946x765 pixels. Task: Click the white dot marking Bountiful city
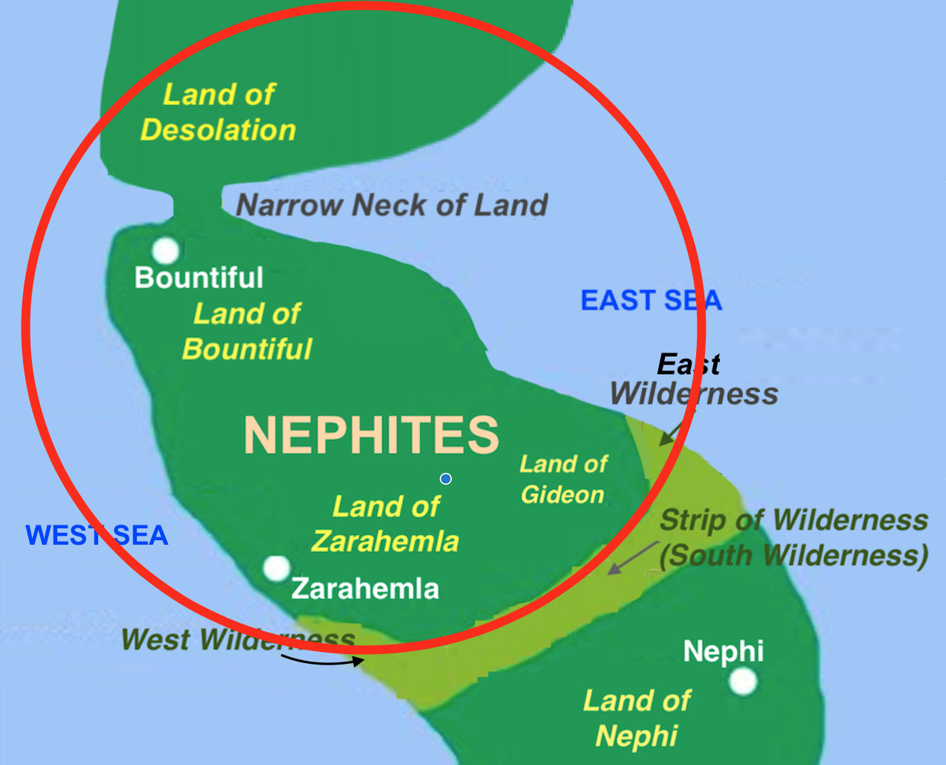tap(165, 251)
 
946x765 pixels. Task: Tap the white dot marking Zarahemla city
tap(277, 569)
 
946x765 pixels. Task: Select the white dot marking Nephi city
tap(742, 681)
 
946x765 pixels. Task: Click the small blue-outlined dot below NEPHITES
tap(445, 478)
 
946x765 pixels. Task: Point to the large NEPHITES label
tap(371, 435)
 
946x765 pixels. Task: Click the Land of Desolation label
tap(219, 112)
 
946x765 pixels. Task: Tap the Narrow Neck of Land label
tap(392, 205)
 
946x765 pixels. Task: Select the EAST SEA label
tap(651, 301)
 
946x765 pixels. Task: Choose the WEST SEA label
tap(97, 536)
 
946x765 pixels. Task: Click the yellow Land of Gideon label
tap(563, 479)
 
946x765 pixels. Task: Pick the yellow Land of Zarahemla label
tap(385, 524)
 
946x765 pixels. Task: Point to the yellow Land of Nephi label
tap(637, 718)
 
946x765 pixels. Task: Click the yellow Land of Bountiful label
tap(247, 331)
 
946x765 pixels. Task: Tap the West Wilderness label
tap(238, 639)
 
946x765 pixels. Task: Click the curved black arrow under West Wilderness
tap(324, 660)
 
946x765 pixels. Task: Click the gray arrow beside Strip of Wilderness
tap(632, 558)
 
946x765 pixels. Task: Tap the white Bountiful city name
tap(199, 278)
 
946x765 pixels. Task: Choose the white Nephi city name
tap(723, 651)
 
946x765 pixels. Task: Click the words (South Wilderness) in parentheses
tap(794, 556)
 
